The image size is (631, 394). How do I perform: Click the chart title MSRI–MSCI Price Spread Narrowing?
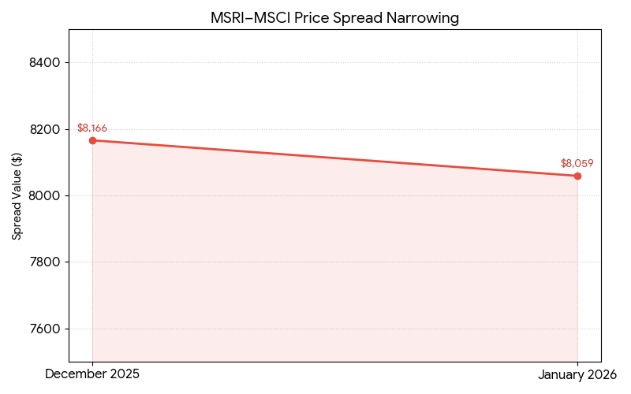tap(334, 17)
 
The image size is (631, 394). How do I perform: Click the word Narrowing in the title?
tap(424, 17)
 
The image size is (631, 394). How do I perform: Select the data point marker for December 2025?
tap(92, 140)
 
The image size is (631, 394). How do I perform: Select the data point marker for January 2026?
tap(577, 176)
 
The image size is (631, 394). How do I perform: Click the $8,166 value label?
tap(92, 128)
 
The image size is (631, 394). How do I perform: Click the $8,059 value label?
tap(577, 164)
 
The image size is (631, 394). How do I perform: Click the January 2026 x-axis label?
tap(577, 375)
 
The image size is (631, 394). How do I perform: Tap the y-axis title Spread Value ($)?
tap(17, 195)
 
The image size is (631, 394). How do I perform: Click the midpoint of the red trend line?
tap(334, 158)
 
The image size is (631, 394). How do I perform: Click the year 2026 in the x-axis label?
tap(601, 375)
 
